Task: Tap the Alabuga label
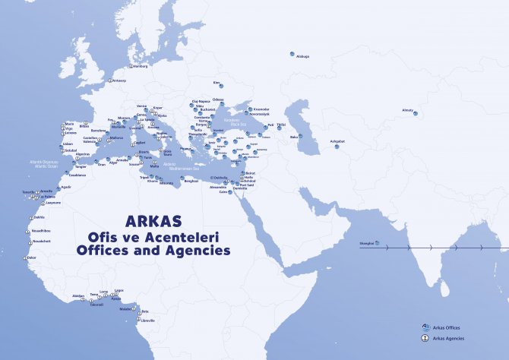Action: coord(303,56)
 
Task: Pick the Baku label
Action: coord(292,137)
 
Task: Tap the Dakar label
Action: coord(31,257)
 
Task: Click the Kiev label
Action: coord(217,82)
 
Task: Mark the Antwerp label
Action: coord(119,81)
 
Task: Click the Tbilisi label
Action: coord(281,125)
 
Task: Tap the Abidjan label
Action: coord(78,295)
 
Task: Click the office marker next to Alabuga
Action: coord(292,54)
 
